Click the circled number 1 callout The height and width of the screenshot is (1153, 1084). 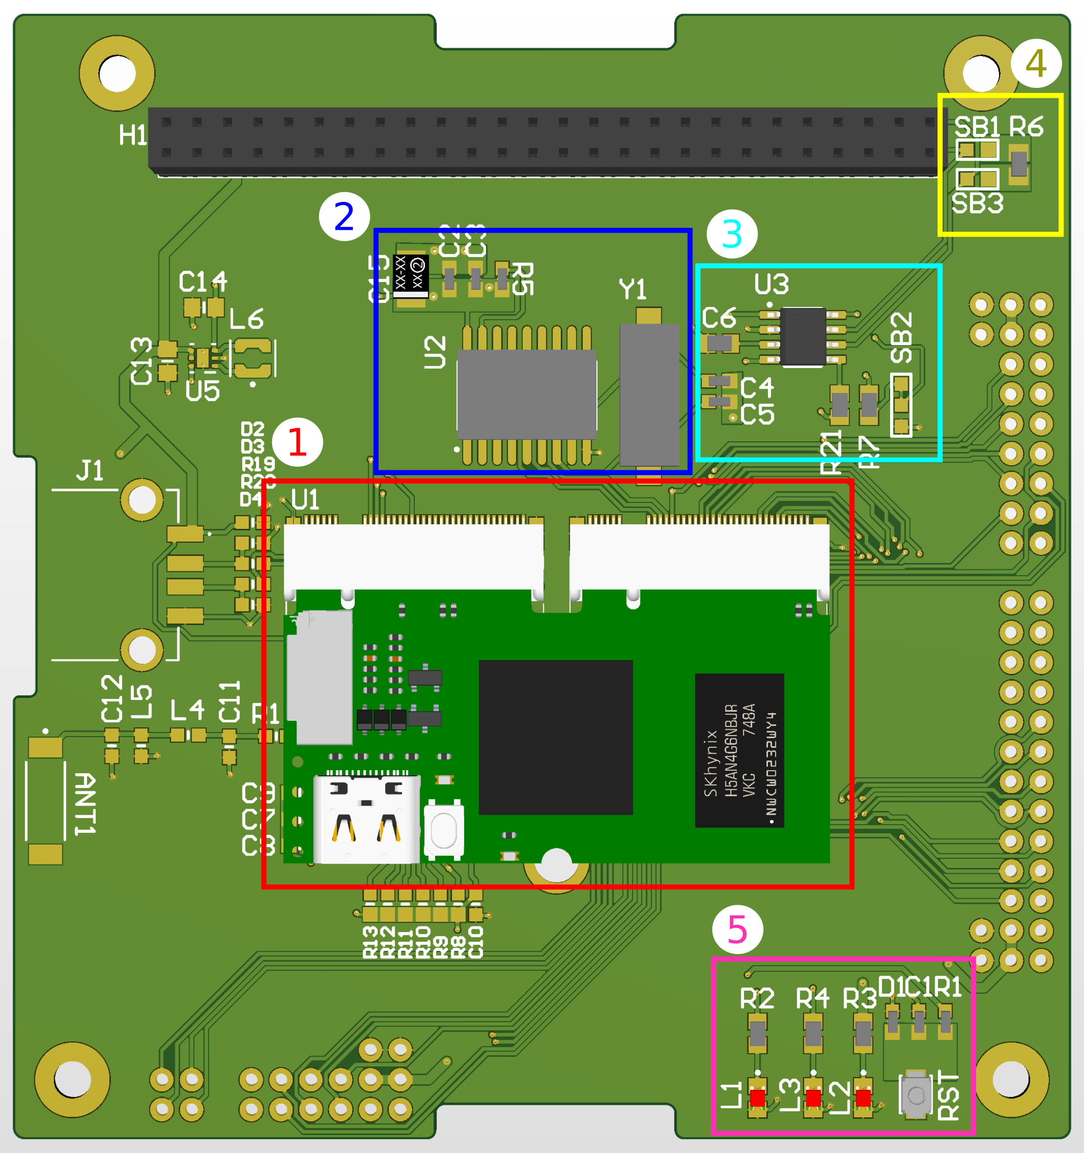click(x=298, y=442)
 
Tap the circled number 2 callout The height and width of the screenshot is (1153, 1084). click(x=344, y=217)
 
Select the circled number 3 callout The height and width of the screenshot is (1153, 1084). click(x=732, y=234)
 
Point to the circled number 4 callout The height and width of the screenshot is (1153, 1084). click(x=1036, y=63)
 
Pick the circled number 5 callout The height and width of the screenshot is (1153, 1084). click(x=737, y=930)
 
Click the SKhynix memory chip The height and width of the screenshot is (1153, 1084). click(x=739, y=750)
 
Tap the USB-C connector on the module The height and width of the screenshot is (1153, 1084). click(x=366, y=819)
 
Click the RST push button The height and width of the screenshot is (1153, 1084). click(x=916, y=1095)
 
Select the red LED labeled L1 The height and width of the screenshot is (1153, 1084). click(x=757, y=1098)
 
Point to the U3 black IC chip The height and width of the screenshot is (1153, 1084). click(x=803, y=336)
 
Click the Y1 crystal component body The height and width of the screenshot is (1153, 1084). click(x=649, y=394)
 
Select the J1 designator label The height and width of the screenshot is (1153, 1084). click(x=90, y=470)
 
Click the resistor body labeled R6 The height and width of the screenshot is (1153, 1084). click(x=1019, y=164)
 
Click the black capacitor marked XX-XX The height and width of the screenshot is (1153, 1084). click(x=410, y=273)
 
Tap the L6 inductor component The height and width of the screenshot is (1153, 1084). click(x=253, y=357)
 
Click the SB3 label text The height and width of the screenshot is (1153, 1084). click(x=978, y=203)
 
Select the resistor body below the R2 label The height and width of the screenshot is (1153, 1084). click(x=757, y=1033)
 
